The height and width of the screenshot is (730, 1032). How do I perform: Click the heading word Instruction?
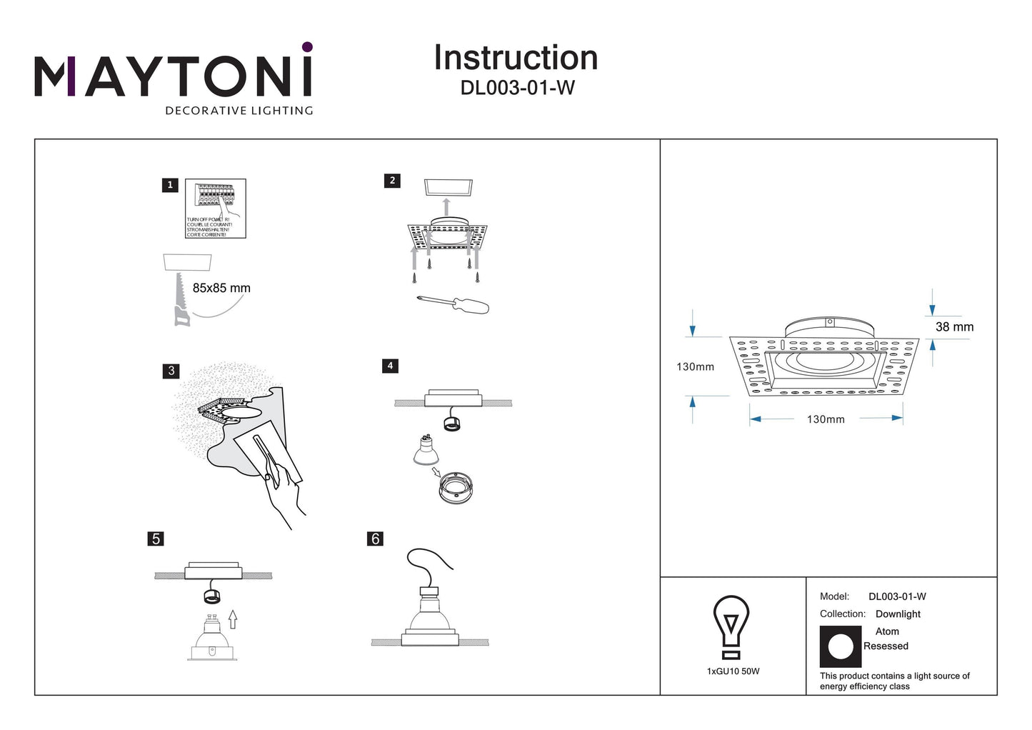click(x=516, y=58)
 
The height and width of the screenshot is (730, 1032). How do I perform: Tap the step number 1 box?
click(x=170, y=185)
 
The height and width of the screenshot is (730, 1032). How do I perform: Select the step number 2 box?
click(x=391, y=181)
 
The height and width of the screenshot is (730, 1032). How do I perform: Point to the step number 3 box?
click(x=171, y=371)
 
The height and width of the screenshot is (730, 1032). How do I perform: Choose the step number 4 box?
click(x=390, y=366)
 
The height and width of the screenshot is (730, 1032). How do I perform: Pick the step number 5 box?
click(x=156, y=539)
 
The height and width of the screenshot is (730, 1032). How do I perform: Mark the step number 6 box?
click(x=376, y=539)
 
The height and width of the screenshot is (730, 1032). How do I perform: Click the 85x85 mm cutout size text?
click(x=221, y=289)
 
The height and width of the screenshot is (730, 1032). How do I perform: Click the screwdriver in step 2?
click(x=454, y=304)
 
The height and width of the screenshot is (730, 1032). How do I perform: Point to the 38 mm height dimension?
click(x=954, y=327)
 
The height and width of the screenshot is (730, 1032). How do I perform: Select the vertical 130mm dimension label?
click(x=695, y=367)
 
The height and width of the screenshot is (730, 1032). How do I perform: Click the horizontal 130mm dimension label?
click(x=826, y=419)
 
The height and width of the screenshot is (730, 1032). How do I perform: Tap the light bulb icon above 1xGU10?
click(x=731, y=626)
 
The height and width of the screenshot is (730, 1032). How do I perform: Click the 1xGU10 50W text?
click(x=733, y=671)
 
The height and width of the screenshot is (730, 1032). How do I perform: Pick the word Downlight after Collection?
click(x=898, y=614)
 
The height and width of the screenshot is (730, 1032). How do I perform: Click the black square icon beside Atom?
click(x=841, y=646)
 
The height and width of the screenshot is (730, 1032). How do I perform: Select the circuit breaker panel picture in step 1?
click(x=216, y=208)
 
